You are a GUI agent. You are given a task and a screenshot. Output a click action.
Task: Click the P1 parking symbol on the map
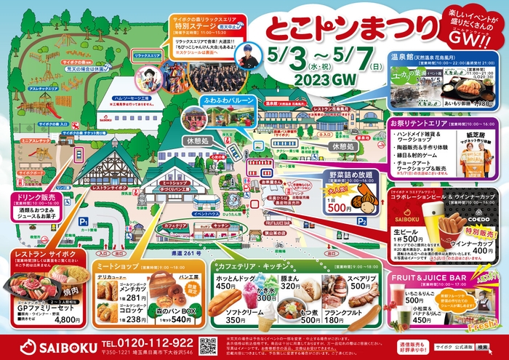(x=84, y=220)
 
